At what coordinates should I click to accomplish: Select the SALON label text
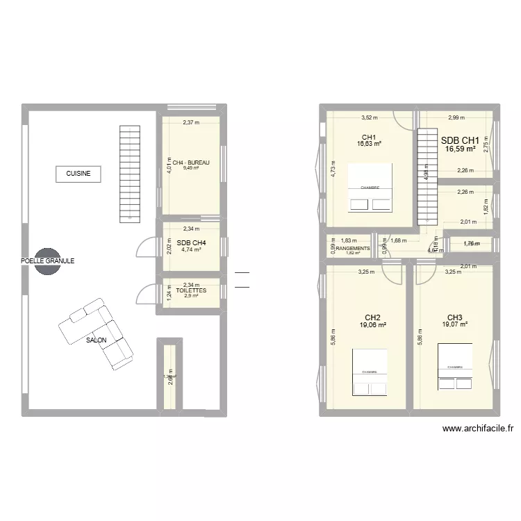point(97,340)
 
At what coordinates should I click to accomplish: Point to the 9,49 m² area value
point(192,167)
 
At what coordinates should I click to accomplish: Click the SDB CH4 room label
point(192,242)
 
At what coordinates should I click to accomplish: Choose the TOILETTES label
point(192,291)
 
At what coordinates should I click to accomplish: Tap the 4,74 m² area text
point(192,249)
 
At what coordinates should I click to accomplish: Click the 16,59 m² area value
point(461,149)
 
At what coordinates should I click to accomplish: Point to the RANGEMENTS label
point(353,247)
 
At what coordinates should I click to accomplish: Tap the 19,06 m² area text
point(374,324)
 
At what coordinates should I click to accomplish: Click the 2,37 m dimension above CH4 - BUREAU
point(191,123)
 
